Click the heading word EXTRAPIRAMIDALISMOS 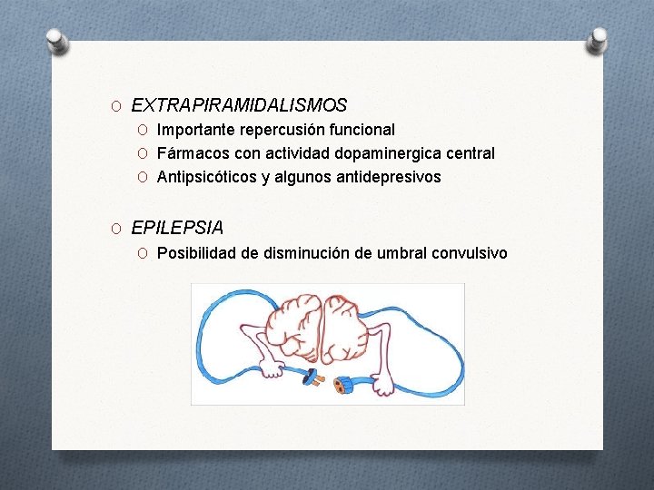(239, 106)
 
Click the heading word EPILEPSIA (177, 228)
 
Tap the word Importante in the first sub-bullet (196, 130)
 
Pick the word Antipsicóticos (207, 177)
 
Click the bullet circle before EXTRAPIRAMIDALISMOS (117, 107)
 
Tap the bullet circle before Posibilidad (144, 253)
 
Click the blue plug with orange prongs (311, 377)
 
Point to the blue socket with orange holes (344, 384)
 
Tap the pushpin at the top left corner (55, 40)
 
